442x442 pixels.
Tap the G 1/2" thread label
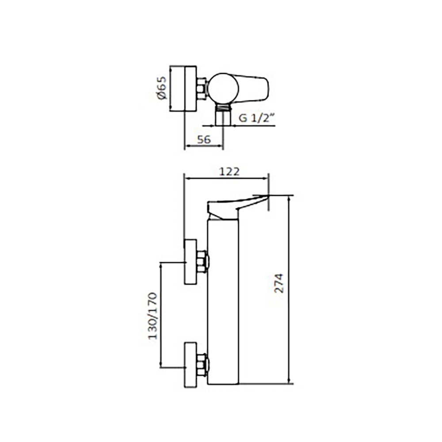click(256, 118)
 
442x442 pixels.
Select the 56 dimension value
click(204, 139)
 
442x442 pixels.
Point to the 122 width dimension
click(229, 171)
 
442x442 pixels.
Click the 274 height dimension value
click(279, 283)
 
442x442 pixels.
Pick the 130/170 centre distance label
click(152, 316)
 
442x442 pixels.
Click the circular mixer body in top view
click(223, 88)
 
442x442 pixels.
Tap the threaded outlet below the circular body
click(223, 114)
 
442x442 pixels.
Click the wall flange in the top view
click(183, 88)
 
